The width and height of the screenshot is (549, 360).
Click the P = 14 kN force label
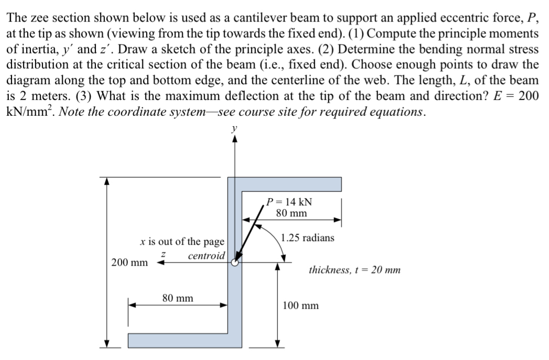(292, 202)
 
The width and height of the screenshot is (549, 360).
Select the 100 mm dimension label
(300, 305)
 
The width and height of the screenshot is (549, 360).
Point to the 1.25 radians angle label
(307, 237)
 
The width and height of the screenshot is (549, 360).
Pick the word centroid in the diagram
(207, 256)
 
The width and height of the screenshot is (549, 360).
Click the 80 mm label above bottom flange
(177, 298)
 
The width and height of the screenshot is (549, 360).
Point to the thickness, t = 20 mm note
(354, 270)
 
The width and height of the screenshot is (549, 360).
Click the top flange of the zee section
(294, 184)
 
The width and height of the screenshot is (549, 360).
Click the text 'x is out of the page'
(182, 242)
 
